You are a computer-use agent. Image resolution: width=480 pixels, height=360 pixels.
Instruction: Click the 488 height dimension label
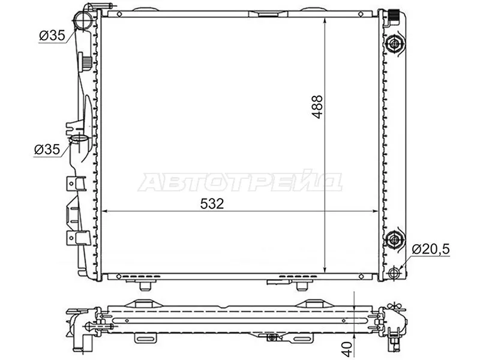317,107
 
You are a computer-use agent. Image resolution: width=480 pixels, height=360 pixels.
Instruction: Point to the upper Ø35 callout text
52,36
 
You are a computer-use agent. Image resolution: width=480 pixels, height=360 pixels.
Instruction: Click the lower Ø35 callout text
47,150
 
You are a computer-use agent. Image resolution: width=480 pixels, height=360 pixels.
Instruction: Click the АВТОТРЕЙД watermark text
240,182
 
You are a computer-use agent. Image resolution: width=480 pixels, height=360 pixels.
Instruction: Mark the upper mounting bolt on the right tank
394,44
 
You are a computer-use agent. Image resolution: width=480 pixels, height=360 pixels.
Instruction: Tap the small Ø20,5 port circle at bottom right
394,273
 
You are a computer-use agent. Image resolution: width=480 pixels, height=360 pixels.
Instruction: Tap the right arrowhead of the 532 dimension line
377,211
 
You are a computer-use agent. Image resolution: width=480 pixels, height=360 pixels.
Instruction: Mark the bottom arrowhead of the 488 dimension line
325,270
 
